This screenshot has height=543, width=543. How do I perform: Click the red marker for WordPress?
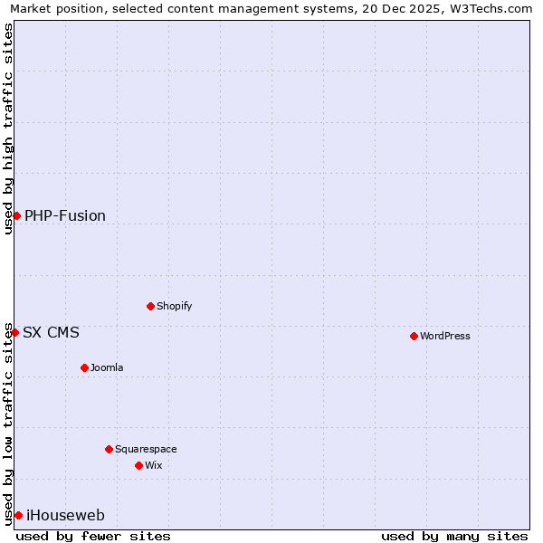click(414, 336)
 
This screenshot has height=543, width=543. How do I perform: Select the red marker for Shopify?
click(150, 306)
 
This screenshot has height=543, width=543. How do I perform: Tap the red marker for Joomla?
click(84, 367)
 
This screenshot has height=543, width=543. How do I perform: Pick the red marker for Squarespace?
click(109, 449)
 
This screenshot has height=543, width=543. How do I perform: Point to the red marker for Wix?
click(138, 465)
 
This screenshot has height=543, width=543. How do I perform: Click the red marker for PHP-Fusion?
click(16, 215)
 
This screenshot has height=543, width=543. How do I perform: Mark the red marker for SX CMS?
click(14, 332)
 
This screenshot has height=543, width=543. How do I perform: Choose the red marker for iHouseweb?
click(18, 515)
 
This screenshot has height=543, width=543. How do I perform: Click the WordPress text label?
click(445, 336)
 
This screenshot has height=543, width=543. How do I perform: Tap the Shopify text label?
click(175, 306)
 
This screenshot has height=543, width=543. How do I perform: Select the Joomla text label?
click(107, 367)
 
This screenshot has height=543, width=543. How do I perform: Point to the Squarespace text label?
click(146, 449)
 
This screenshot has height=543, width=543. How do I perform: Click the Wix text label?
click(153, 465)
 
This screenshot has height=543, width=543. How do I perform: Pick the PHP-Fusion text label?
click(65, 215)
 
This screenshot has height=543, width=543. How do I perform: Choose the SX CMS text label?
click(51, 332)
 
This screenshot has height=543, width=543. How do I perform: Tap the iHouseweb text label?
click(65, 515)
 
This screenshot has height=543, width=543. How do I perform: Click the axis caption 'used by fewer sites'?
click(93, 536)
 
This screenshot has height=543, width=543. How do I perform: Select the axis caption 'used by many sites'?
click(454, 536)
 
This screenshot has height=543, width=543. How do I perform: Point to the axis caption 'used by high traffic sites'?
click(8, 129)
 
